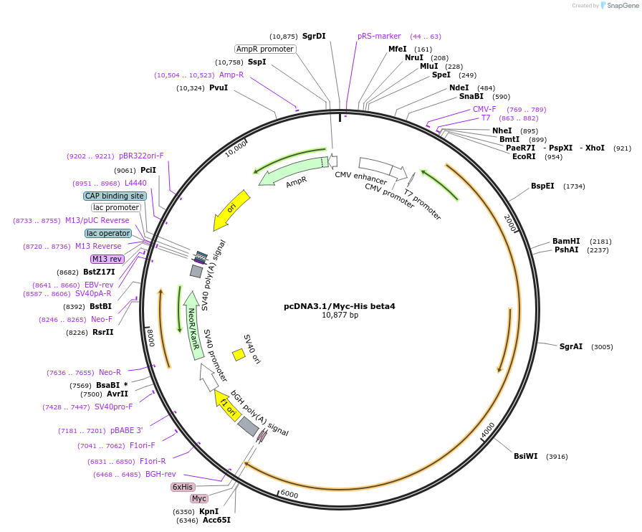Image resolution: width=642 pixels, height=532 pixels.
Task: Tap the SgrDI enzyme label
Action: coord(314,36)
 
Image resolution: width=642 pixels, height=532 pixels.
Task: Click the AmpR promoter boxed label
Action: coord(265,49)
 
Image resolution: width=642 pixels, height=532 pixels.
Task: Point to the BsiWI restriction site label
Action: coord(525,456)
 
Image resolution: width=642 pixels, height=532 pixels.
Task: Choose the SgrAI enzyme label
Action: coord(571,346)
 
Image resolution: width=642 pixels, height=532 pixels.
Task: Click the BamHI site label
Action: coord(566,241)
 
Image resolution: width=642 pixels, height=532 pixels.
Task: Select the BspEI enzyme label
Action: coord(542,186)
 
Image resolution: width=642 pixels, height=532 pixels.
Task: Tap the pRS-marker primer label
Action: coord(379,36)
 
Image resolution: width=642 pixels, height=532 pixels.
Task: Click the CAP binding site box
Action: coord(115,196)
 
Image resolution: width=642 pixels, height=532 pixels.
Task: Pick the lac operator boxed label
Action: coord(108,233)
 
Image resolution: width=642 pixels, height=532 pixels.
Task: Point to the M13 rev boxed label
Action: coord(107,259)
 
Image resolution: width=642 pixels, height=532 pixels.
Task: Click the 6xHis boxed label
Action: coord(183,487)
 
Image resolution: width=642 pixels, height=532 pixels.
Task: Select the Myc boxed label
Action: coord(198,498)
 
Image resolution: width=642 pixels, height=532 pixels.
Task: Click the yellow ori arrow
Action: coord(231,209)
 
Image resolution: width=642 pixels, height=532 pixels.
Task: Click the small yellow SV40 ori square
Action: coord(239,354)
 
